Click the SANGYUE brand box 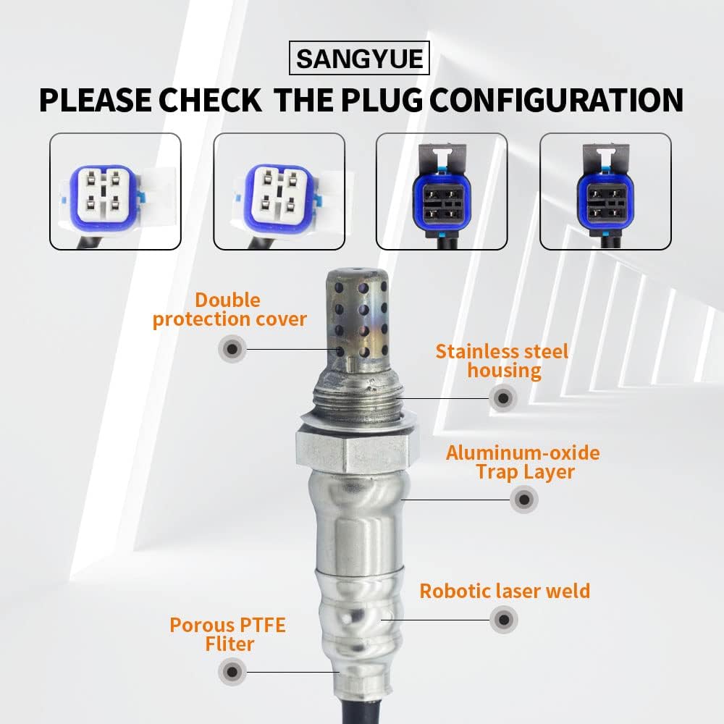coord(359,57)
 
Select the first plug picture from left coord(114,192)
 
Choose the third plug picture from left coord(442,192)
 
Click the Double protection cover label coord(229,310)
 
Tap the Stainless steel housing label coord(502,361)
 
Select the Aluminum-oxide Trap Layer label coord(523,463)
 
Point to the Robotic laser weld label coord(505,591)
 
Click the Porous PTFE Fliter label coord(227,634)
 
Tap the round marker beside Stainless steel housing coord(502,397)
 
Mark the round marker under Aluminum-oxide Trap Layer coord(523,500)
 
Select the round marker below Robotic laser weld coord(504,620)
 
